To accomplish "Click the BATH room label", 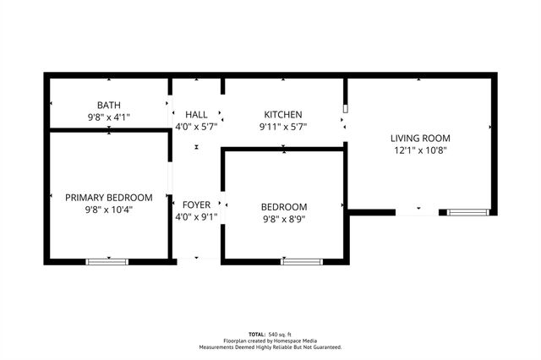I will point(109,105).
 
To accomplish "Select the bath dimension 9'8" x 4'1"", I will point(109,117).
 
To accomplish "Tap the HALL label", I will point(196,115).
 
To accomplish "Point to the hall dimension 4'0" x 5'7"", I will point(196,127).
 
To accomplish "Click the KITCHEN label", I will point(283,115).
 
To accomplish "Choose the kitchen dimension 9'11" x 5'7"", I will point(283,127).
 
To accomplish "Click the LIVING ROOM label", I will point(419,138).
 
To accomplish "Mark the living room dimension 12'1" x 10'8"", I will point(419,150).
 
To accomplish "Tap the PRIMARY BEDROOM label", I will point(109,197).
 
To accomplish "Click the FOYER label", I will point(196,205).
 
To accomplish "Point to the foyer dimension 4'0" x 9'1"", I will point(196,216).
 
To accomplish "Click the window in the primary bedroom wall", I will point(107,262).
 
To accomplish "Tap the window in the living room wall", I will point(468,211).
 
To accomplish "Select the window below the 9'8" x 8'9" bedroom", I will point(302,262).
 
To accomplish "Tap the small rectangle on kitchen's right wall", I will point(345,109).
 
